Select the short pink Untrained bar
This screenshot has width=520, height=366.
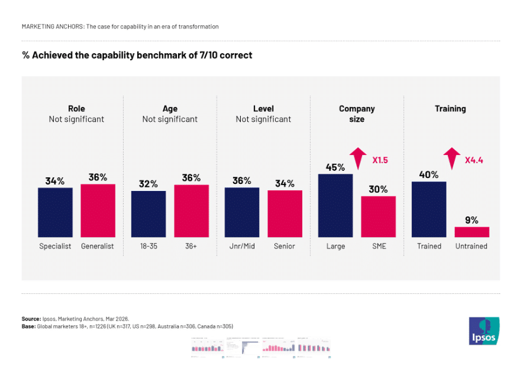[471, 232]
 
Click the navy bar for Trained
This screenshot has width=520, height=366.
[429, 209]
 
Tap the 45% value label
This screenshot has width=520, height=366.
[335, 167]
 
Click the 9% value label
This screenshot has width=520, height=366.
[471, 219]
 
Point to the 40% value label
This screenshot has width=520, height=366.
[429, 174]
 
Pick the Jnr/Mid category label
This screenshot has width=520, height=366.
[242, 246]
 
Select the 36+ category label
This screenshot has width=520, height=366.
[191, 246]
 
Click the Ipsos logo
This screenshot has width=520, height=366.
[484, 331]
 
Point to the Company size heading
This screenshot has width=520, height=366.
[357, 114]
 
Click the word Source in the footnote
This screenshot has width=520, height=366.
[31, 319]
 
